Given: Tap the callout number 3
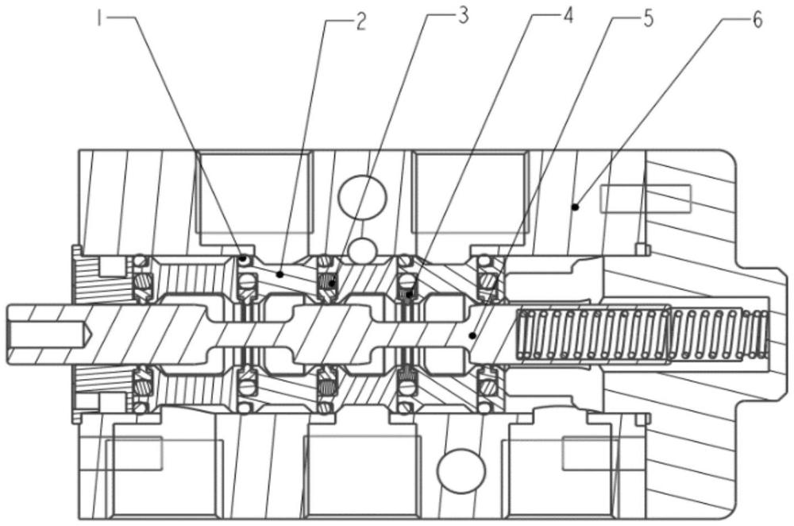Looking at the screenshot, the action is [x=463, y=16].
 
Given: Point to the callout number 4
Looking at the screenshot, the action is [x=569, y=16].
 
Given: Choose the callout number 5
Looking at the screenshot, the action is [x=648, y=19].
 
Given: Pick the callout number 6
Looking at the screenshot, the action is [x=757, y=21].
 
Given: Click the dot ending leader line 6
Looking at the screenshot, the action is [x=575, y=207].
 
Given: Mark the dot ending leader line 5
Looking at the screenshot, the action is [x=472, y=335].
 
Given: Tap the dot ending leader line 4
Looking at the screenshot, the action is [x=409, y=293].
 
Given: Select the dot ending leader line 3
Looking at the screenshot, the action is [x=332, y=284].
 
